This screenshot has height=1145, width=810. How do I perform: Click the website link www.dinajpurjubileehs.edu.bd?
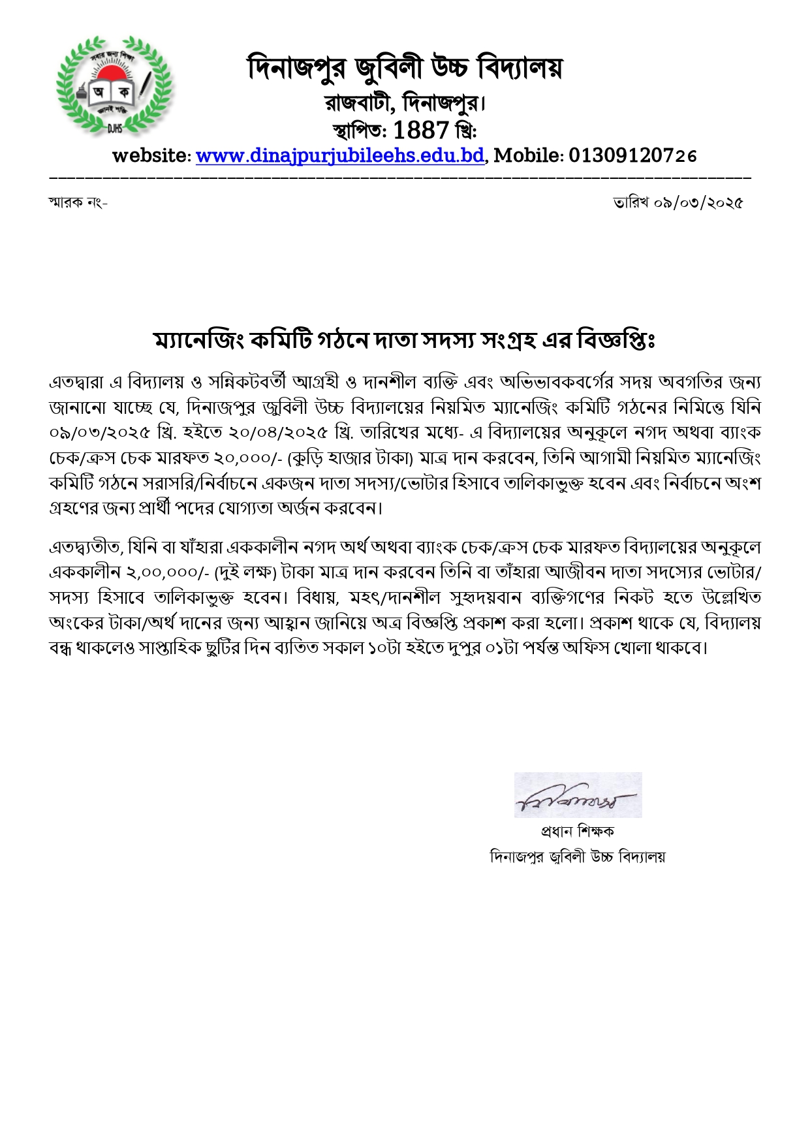point(340,155)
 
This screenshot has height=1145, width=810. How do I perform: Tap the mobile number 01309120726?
point(632,155)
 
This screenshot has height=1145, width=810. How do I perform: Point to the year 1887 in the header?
point(421,131)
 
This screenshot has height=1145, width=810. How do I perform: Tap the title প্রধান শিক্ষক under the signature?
point(577,832)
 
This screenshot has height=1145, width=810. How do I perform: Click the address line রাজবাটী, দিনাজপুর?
point(405,103)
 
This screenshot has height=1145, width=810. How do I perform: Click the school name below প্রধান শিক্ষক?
point(577,856)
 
